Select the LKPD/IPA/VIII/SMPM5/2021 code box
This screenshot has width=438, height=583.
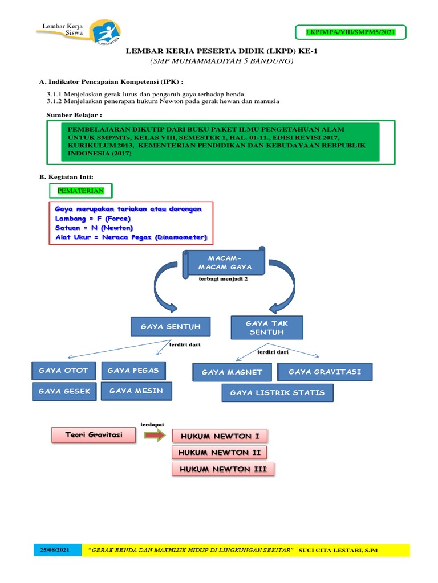click(x=351, y=32)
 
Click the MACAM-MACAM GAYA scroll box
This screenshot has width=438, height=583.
click(x=224, y=262)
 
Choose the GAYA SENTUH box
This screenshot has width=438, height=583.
click(x=170, y=327)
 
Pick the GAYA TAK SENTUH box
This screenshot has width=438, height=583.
click(x=267, y=327)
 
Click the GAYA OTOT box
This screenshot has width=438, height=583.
click(x=63, y=371)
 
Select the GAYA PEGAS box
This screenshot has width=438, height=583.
click(x=133, y=371)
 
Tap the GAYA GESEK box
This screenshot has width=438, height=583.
click(x=63, y=391)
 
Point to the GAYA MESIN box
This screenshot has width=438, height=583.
click(x=136, y=391)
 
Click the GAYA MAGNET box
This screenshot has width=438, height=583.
click(x=232, y=372)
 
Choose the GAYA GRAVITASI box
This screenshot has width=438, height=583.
click(x=325, y=372)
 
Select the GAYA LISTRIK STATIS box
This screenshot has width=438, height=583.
click(x=277, y=392)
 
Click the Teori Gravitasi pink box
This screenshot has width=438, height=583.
click(x=94, y=435)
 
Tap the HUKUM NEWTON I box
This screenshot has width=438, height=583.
click(x=220, y=436)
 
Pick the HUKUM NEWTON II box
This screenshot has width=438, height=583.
click(x=219, y=453)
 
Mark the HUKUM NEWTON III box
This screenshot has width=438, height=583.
click(x=223, y=469)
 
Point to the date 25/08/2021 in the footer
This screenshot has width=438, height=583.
click(x=54, y=551)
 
